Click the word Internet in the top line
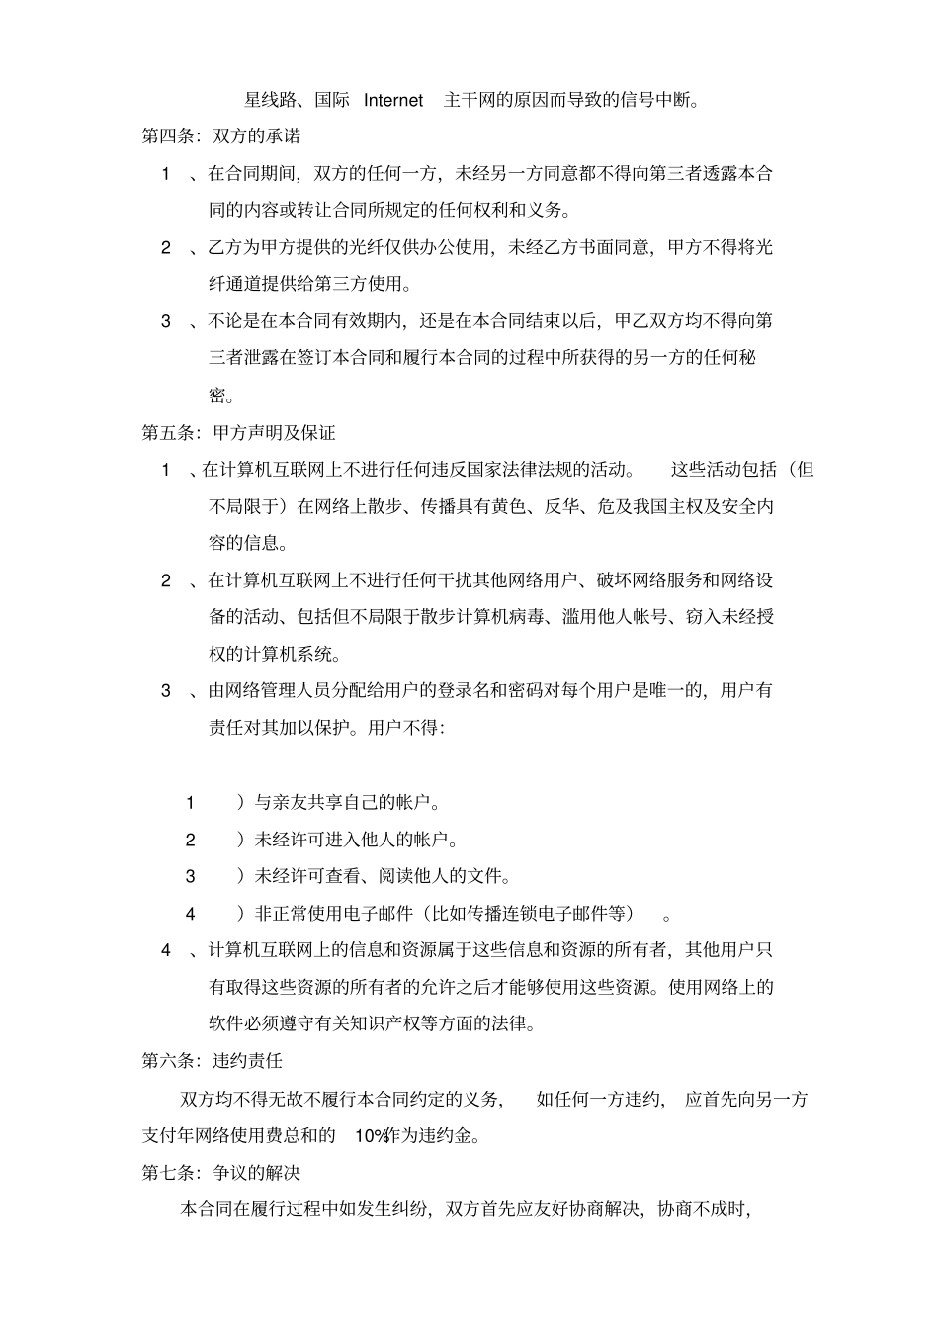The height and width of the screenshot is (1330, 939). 393,100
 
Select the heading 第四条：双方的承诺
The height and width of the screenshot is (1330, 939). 221,136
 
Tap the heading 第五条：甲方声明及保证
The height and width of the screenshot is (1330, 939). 239,433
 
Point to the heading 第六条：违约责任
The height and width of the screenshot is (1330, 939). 213,1061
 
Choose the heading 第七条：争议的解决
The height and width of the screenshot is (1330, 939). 221,1173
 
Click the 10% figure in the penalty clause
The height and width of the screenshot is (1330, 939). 371,1135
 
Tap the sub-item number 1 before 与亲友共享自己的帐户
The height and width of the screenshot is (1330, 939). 190,803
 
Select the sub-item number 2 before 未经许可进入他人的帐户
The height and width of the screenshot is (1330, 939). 190,840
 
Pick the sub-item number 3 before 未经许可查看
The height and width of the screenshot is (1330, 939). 190,876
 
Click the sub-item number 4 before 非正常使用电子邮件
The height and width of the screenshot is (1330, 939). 190,914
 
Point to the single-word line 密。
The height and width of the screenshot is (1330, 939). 221,396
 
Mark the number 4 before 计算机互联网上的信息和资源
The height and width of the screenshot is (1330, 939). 166,950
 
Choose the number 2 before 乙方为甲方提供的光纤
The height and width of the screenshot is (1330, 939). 166,247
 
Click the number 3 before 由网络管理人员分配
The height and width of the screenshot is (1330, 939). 166,690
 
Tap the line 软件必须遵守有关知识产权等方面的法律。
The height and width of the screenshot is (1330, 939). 373,1023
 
